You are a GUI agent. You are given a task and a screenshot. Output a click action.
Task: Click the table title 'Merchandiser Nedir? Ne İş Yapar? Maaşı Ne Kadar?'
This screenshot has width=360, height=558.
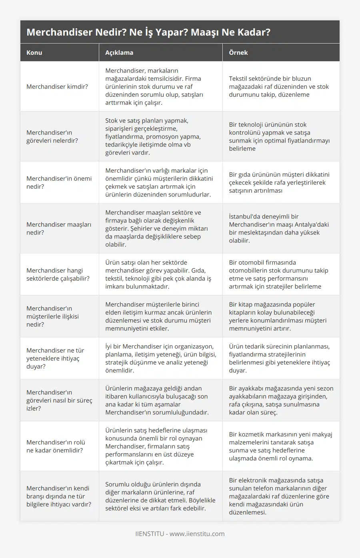[x=148, y=32]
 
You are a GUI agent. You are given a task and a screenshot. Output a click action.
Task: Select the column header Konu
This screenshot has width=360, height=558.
[x=34, y=52]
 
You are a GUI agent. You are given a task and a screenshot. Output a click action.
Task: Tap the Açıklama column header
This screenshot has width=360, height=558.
[x=119, y=52]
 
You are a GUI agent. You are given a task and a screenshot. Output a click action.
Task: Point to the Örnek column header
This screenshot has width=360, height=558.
[x=238, y=52]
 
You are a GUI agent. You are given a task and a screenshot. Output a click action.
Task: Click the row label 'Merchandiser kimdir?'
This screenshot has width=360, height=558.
[x=57, y=86]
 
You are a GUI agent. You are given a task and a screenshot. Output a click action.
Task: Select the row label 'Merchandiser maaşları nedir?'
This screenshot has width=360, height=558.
[x=59, y=228]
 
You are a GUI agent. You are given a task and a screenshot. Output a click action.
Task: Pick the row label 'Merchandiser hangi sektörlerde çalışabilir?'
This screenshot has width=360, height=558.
[x=58, y=274]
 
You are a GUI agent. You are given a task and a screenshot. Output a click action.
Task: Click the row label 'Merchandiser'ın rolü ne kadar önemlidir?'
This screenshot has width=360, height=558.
[x=56, y=446]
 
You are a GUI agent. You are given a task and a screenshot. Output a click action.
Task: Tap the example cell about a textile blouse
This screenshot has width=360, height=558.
[x=279, y=86]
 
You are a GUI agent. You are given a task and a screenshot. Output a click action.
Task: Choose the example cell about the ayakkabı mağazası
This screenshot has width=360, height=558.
[x=281, y=400]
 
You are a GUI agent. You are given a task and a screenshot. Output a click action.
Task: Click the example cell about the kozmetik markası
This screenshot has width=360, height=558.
[x=280, y=446]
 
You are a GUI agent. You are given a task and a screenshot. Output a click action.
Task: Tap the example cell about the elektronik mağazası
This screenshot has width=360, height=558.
[x=279, y=496]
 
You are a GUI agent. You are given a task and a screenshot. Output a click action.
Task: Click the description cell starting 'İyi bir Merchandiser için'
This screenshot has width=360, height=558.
[x=161, y=358]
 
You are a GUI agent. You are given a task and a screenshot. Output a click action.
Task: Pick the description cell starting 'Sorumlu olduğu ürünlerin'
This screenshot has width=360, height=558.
[x=160, y=496]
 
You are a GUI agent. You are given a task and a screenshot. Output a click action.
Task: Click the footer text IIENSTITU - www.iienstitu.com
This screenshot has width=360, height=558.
[x=180, y=534]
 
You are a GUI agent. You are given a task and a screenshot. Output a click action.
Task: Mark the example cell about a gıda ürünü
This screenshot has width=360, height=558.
[x=279, y=182]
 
